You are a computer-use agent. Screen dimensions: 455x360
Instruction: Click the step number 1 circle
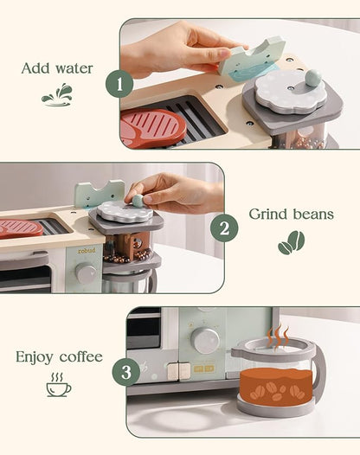(x=119, y=84)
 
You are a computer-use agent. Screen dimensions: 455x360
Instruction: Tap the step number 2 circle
(x=223, y=228)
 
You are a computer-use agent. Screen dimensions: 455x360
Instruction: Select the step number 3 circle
(x=125, y=372)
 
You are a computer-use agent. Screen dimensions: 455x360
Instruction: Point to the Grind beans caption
(x=290, y=214)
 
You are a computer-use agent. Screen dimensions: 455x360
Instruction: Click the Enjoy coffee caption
(x=59, y=356)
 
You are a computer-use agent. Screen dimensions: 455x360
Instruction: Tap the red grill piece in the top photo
(x=153, y=128)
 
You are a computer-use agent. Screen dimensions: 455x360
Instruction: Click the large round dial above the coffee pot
(x=206, y=340)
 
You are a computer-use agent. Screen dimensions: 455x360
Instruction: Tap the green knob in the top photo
(x=311, y=77)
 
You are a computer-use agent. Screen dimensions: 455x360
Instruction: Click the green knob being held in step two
(x=137, y=200)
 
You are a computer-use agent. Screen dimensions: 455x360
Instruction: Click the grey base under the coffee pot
(x=278, y=407)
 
